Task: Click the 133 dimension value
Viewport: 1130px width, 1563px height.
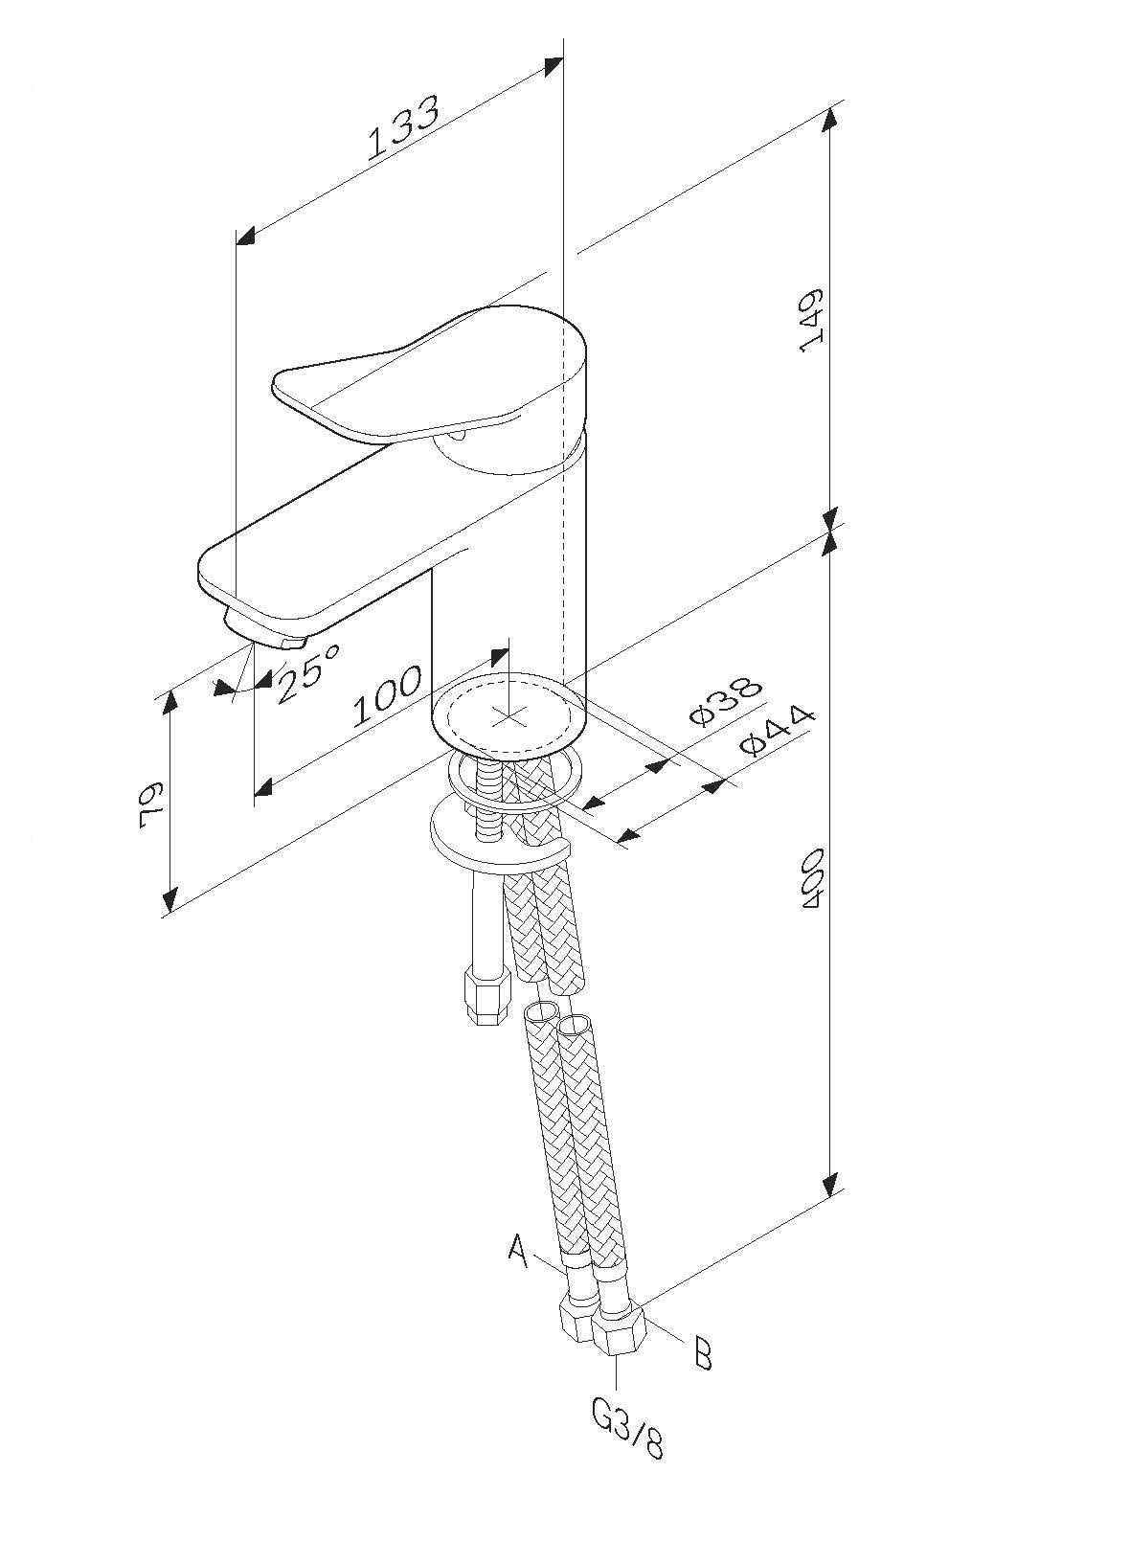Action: tap(404, 126)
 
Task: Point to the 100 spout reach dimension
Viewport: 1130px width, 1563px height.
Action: tap(387, 695)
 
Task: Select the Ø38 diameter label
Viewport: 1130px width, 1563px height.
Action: tap(726, 701)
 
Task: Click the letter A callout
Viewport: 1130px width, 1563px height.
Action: tap(518, 1250)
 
